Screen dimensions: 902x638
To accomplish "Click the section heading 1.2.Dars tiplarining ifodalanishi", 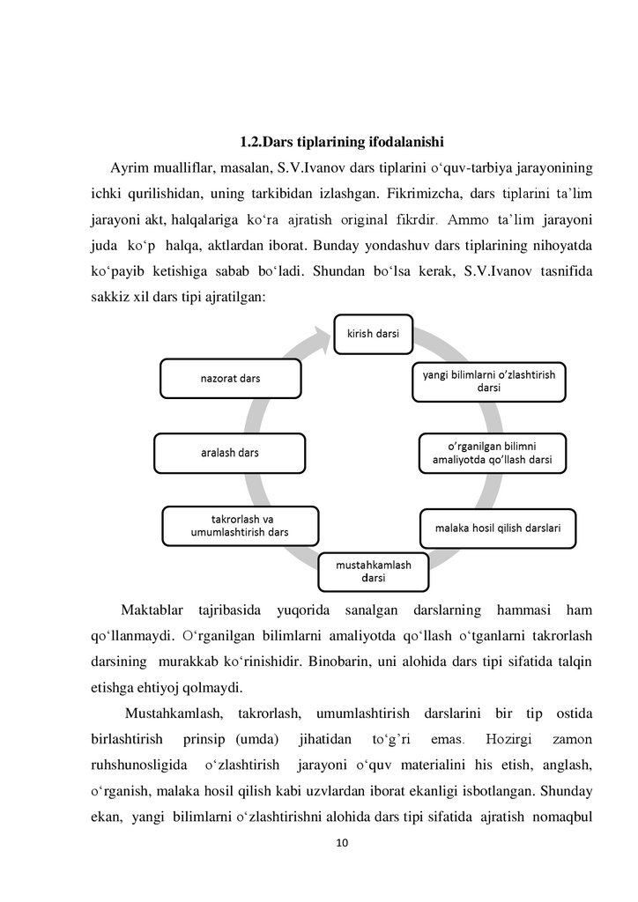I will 341,141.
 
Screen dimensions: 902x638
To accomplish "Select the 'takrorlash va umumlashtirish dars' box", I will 240,526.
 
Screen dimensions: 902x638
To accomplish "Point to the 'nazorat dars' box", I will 224,378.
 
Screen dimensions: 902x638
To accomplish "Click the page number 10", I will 343,844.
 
